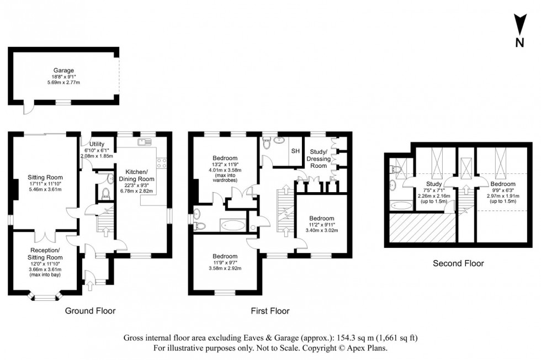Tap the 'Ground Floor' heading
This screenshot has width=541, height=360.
coord(91,311)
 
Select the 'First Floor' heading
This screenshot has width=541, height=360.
coord(270,311)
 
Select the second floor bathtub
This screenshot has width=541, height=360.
coord(401,205)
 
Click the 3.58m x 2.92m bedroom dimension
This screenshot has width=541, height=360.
coord(226,269)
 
